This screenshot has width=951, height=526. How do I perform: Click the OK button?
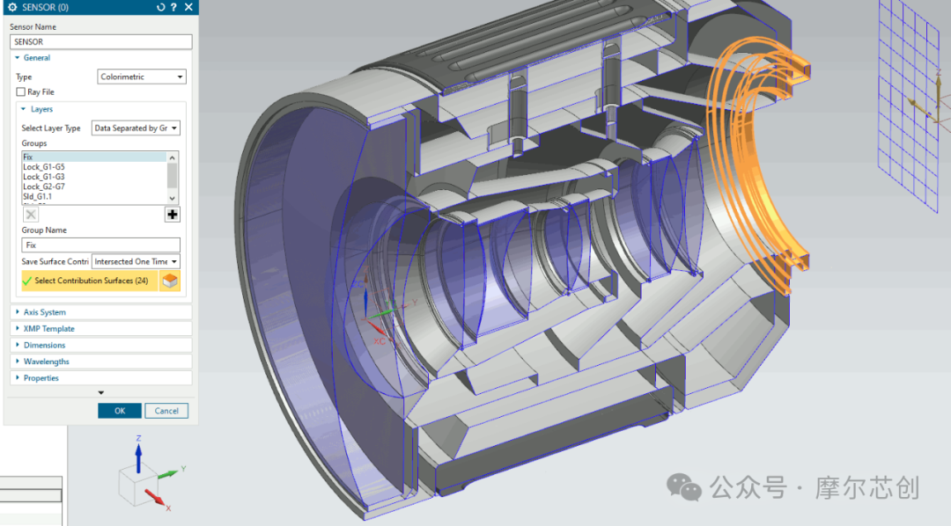click(120, 411)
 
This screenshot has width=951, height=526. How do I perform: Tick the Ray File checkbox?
click(20, 92)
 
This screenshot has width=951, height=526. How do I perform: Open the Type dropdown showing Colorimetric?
click(141, 77)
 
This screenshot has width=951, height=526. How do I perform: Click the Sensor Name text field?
click(100, 42)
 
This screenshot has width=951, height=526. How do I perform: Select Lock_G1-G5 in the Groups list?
click(44, 166)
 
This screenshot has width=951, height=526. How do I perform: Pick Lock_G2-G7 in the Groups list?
click(44, 186)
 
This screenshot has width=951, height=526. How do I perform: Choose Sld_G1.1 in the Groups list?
click(38, 196)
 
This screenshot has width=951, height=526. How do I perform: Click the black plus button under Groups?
click(173, 215)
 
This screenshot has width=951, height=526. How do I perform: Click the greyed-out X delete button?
click(31, 215)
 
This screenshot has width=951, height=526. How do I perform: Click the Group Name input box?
click(100, 245)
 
